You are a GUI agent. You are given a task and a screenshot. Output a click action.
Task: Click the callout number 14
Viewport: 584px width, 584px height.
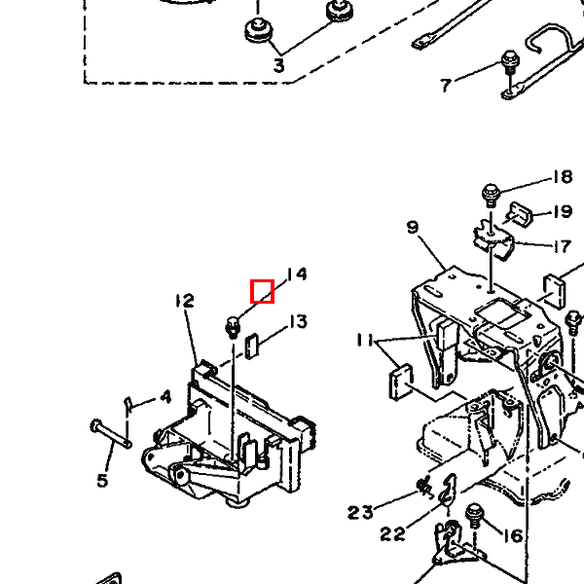pyautogui.click(x=297, y=274)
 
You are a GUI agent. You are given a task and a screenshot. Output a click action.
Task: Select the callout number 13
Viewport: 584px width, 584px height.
pyautogui.click(x=299, y=321)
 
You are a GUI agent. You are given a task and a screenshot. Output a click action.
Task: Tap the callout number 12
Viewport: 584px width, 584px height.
pyautogui.click(x=185, y=301)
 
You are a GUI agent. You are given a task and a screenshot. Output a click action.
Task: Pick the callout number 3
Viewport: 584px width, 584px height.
pyautogui.click(x=279, y=65)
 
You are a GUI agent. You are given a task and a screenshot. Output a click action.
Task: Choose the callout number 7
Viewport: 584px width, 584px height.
pyautogui.click(x=446, y=86)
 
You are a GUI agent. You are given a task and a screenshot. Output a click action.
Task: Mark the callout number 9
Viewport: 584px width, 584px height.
pyautogui.click(x=413, y=227)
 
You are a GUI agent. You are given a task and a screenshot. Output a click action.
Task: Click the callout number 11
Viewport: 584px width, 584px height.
pyautogui.click(x=365, y=340)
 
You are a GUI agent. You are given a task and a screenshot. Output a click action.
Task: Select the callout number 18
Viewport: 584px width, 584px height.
pyautogui.click(x=563, y=176)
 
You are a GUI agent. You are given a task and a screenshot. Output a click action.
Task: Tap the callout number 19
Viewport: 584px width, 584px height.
pyautogui.click(x=563, y=211)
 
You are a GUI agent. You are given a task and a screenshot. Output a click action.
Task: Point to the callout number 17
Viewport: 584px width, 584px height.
pyautogui.click(x=563, y=246)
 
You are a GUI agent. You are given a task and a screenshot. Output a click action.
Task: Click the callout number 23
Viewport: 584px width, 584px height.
pyautogui.click(x=360, y=512)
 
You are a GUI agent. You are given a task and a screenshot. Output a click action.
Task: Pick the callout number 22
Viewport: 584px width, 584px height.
pyautogui.click(x=392, y=534)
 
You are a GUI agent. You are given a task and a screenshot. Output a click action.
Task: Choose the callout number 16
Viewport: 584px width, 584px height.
pyautogui.click(x=514, y=536)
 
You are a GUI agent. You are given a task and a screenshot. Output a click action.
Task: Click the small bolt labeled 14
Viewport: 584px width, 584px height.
pyautogui.click(x=233, y=328)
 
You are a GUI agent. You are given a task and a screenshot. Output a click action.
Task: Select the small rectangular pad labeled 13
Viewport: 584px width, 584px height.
pyautogui.click(x=252, y=347)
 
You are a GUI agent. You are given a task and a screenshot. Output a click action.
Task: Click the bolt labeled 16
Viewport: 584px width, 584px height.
pyautogui.click(x=475, y=516)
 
